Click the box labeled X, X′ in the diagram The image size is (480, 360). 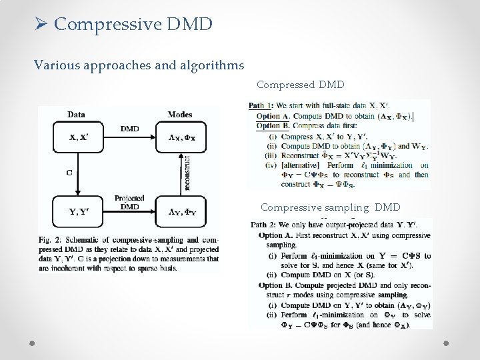click(x=77, y=138)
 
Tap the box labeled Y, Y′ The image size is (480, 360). click(x=77, y=213)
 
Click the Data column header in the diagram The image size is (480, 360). click(x=76, y=115)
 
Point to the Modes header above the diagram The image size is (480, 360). click(x=180, y=115)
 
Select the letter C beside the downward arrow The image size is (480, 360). click(x=69, y=172)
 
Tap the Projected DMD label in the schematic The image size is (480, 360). click(x=129, y=203)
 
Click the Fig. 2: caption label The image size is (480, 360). click(x=50, y=239)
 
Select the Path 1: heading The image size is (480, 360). click(x=261, y=105)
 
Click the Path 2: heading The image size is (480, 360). click(x=263, y=225)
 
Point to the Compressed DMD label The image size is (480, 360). click(x=300, y=85)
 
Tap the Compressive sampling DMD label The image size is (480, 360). click(x=330, y=207)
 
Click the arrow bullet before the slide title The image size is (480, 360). click(x=42, y=25)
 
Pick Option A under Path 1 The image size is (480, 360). click(x=269, y=116)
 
